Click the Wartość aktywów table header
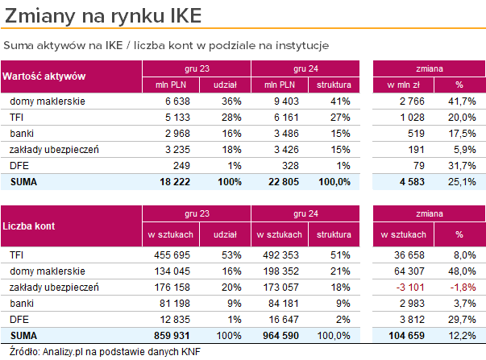coord(44,77)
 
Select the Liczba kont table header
coord(29,226)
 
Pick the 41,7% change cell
coord(460,101)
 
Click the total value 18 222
coord(172,182)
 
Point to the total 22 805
coord(281,182)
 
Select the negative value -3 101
coord(411,288)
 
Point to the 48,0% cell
coord(460,271)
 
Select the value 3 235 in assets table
coord(175,150)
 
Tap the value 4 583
coord(412,182)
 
